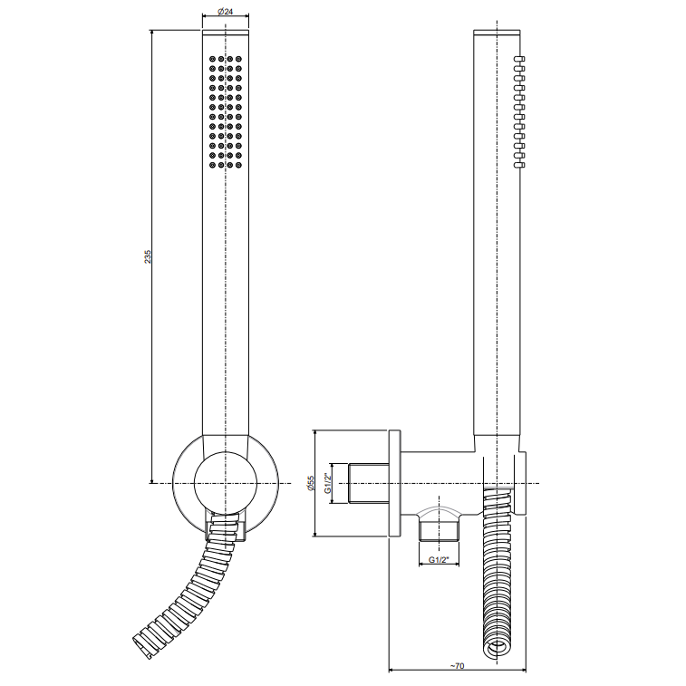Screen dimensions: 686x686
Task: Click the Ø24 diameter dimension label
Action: click(x=225, y=12)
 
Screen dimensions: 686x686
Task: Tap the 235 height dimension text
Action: click(x=148, y=256)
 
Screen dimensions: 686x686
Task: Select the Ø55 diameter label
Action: click(x=311, y=483)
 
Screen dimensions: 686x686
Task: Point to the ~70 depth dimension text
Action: click(x=458, y=666)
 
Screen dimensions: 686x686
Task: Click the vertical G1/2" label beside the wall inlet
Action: click(x=327, y=483)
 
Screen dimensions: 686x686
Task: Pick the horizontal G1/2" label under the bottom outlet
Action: click(x=439, y=559)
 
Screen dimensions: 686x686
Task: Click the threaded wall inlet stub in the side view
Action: click(x=369, y=483)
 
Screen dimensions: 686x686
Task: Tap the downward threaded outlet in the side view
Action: click(x=439, y=530)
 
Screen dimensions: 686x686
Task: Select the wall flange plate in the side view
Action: click(x=394, y=483)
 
